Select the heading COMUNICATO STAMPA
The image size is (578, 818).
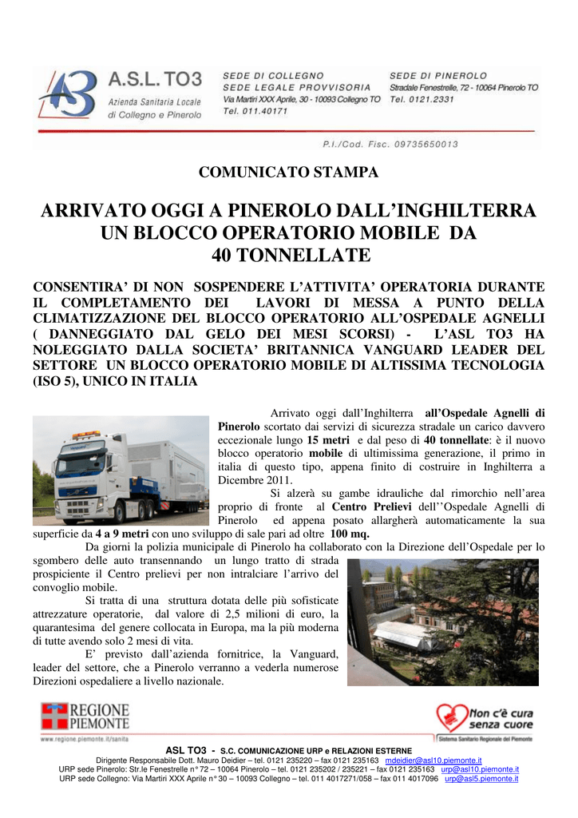(288, 172)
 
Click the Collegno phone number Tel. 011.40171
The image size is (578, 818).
(255, 112)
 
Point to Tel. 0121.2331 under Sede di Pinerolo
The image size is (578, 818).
(422, 100)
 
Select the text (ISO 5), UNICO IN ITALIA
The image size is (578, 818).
(114, 382)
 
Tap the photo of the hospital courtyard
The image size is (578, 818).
(442, 621)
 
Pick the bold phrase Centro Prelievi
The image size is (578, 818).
(371, 506)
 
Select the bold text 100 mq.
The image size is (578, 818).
(350, 534)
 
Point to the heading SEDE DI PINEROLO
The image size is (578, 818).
(438, 75)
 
